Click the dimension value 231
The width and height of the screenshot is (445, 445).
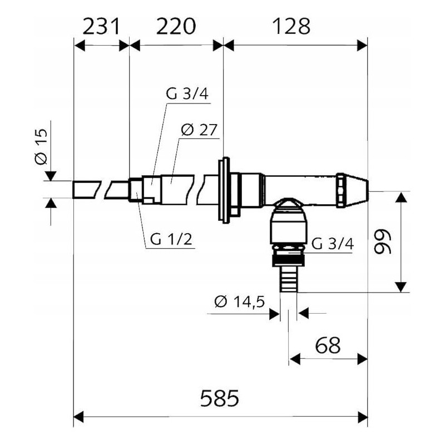point(102,26)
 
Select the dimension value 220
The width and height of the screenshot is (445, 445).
point(176,26)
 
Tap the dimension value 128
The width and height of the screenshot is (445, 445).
point(291,26)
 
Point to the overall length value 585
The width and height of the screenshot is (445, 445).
point(220,398)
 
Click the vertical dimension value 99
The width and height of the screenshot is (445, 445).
point(382,241)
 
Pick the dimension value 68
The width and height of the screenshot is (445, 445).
point(328,345)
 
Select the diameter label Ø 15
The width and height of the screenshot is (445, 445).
point(41,146)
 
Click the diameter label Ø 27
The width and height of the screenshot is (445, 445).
point(199,130)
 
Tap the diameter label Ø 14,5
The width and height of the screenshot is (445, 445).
point(240,301)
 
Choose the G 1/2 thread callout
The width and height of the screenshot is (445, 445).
point(171,239)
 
